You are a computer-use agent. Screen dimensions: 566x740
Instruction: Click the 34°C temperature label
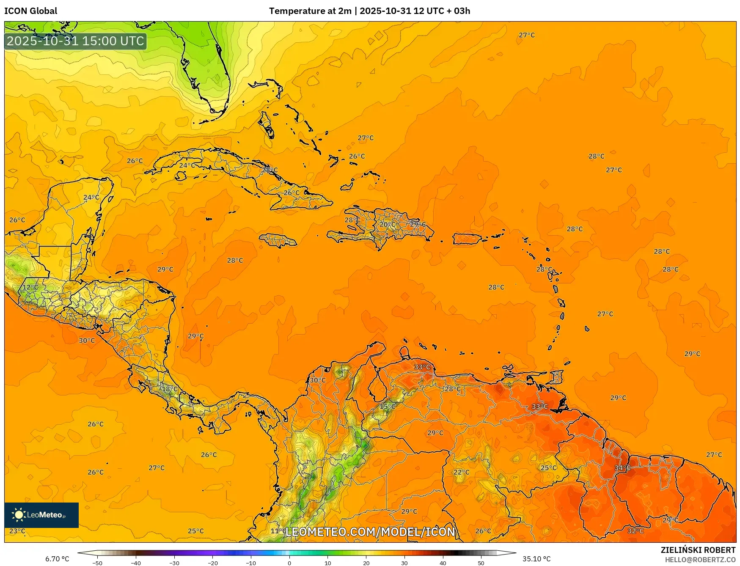coord(622,467)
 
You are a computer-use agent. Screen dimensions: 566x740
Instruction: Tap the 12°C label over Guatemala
coord(30,287)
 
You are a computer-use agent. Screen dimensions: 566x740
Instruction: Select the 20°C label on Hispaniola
coord(387,225)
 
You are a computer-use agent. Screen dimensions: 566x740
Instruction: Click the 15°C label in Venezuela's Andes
coord(387,407)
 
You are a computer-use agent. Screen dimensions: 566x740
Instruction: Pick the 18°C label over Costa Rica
coord(170,389)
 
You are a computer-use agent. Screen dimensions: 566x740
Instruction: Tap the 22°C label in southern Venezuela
coord(461,472)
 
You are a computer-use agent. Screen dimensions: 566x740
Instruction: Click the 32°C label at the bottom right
coord(635,531)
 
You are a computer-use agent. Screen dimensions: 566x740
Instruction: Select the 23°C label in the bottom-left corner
coord(17,531)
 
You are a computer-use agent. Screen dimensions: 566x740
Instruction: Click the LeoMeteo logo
coord(41,515)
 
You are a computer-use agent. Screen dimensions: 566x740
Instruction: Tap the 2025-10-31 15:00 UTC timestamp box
coord(75,41)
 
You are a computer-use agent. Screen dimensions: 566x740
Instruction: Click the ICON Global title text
coord(30,11)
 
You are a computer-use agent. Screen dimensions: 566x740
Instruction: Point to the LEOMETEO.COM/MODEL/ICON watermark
coord(370,532)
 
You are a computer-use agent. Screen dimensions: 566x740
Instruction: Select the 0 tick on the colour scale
coord(289,563)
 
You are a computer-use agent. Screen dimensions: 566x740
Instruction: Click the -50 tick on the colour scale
coord(97,563)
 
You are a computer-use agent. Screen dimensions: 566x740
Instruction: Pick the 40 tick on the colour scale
coord(443,563)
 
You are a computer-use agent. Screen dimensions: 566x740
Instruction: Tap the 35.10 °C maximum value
coord(536,559)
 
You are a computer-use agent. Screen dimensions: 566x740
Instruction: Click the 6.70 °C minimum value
coord(57,559)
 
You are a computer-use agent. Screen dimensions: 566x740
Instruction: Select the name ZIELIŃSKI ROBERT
coord(698,550)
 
